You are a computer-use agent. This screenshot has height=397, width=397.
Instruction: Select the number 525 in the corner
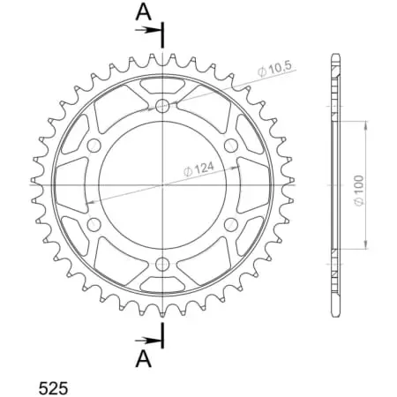pos(56,387)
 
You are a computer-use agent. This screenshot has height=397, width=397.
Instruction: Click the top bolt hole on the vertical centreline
pos(162,106)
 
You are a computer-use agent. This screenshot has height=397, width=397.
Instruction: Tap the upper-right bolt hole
pos(231,145)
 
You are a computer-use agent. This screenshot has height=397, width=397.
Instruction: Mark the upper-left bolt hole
pos(94,145)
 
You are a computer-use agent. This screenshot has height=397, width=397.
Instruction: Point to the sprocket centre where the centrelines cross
pos(162,184)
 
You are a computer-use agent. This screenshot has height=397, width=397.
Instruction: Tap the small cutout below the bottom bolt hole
pos(162,283)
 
